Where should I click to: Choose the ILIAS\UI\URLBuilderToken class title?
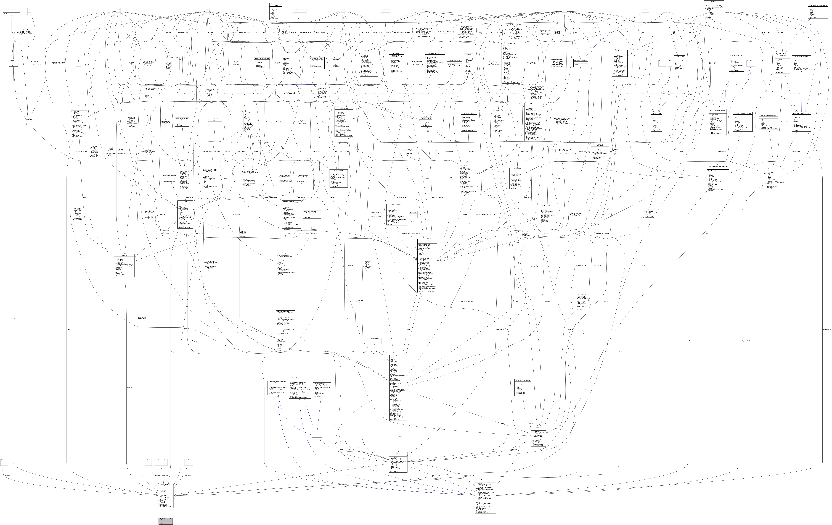pyautogui.click(x=171, y=58)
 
